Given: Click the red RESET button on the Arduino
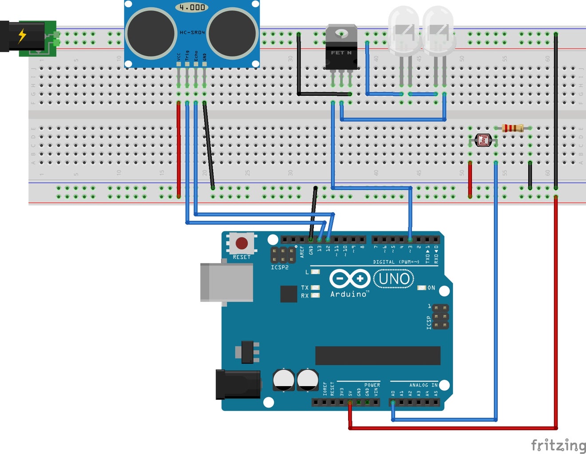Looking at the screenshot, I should (x=242, y=243).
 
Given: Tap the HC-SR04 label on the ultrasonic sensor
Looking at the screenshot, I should (x=192, y=32).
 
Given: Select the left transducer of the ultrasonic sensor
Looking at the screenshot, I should (x=151, y=34).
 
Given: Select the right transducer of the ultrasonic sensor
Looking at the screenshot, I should (x=232, y=34).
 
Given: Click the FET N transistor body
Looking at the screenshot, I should (x=341, y=52).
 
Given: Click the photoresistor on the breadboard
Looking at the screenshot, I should (x=483, y=141).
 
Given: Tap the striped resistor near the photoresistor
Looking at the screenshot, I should (x=513, y=128).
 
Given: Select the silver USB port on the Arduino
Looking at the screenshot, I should (x=226, y=283).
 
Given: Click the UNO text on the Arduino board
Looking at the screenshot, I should (x=394, y=279).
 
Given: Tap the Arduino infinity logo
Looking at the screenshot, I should (x=349, y=278).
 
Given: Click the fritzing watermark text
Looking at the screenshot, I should (x=558, y=445).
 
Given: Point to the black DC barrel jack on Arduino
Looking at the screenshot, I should (x=238, y=384).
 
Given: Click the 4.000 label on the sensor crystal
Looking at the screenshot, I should (x=192, y=7).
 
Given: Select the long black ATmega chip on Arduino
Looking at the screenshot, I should (x=377, y=356).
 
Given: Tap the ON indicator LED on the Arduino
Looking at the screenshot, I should (x=422, y=288).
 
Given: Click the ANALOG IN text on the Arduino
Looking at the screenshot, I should (x=423, y=385).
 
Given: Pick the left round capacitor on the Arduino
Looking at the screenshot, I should (x=283, y=380).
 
